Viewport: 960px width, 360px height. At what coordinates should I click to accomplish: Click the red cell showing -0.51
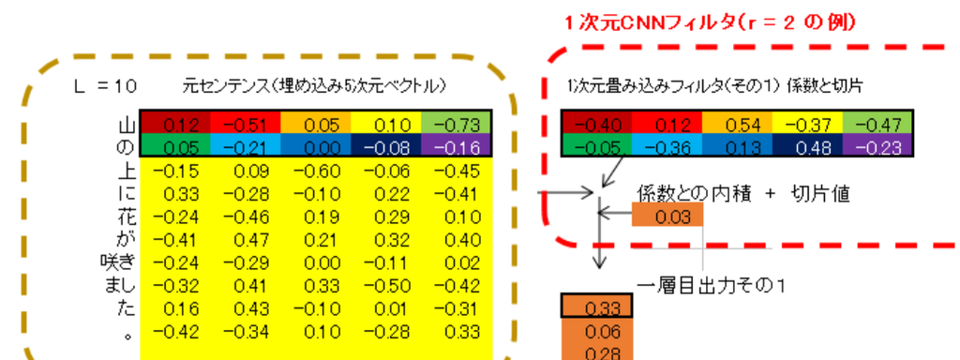[245, 124]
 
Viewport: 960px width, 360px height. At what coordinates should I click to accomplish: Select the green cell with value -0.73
[457, 124]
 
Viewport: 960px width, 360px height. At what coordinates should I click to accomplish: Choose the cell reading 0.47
[245, 238]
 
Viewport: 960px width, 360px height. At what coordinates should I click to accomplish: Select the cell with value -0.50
[385, 284]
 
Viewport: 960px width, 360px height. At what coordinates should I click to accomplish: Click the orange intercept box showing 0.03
[667, 217]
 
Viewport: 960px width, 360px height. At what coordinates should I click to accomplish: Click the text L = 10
[106, 85]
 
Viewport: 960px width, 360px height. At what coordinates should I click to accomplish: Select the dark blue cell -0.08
[385, 147]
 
